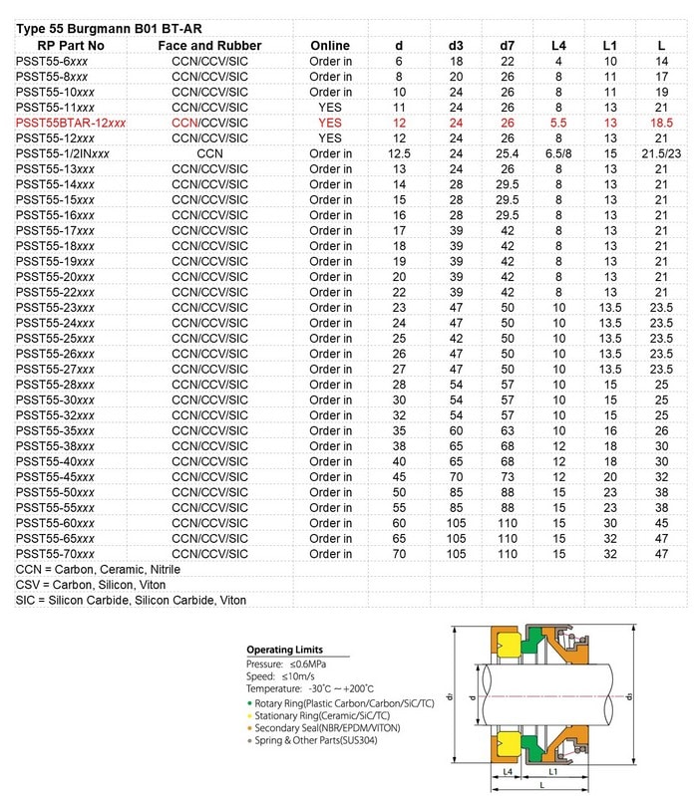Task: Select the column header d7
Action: (507, 45)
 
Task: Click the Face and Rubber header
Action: (209, 45)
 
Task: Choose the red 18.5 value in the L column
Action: (661, 123)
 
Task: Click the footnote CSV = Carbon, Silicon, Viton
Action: (91, 585)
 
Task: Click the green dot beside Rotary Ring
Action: (250, 704)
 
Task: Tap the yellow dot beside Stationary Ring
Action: (250, 717)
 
